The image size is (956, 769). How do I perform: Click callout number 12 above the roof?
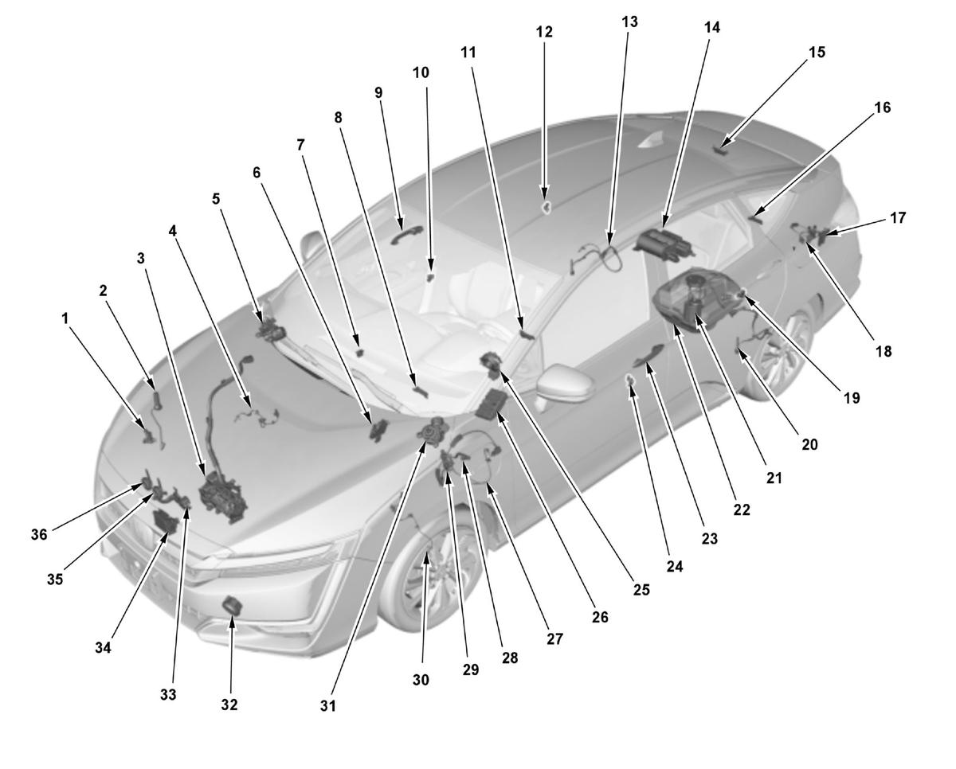pyautogui.click(x=544, y=32)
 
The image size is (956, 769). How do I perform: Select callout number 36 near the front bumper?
pyautogui.click(x=39, y=535)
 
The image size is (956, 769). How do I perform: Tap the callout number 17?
pyautogui.click(x=898, y=218)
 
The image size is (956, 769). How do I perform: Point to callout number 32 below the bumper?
pyautogui.click(x=229, y=705)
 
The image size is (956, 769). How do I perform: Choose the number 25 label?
pyautogui.click(x=641, y=590)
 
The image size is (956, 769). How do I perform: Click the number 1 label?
pyautogui.click(x=65, y=318)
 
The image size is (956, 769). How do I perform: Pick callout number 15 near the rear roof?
pyautogui.click(x=817, y=52)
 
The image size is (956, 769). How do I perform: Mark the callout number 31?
pyautogui.click(x=328, y=706)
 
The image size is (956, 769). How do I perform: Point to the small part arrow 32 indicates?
pyautogui.click(x=233, y=605)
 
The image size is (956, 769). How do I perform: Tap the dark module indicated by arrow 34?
pyautogui.click(x=165, y=521)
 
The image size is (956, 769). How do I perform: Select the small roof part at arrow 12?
pyautogui.click(x=546, y=206)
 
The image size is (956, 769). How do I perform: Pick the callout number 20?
pyautogui.click(x=809, y=444)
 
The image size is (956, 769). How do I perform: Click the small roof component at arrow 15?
pyautogui.click(x=720, y=150)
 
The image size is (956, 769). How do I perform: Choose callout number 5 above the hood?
pyautogui.click(x=216, y=199)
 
